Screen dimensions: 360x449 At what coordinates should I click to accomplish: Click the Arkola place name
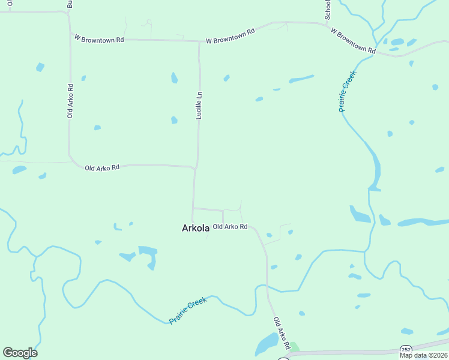pos(195,228)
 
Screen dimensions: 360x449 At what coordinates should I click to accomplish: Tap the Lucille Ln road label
pos(199,105)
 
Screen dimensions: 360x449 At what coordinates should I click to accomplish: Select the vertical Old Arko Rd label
pos(70,100)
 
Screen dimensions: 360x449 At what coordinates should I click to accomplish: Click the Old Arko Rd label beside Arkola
pos(230,227)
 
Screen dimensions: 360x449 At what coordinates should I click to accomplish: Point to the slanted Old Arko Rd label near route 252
pos(282,334)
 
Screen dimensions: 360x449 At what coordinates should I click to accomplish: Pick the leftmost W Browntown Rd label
pos(99,38)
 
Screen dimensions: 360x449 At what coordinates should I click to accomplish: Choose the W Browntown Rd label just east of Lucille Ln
pos(230,36)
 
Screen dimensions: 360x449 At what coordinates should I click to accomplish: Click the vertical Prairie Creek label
pos(348,91)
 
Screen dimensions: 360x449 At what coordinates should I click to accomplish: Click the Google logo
pos(20,353)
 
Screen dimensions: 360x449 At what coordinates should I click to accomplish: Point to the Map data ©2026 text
pos(423,355)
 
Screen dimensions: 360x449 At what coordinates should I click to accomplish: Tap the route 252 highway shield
pos(406,350)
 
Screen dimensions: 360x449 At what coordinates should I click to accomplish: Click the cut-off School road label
pos(328,10)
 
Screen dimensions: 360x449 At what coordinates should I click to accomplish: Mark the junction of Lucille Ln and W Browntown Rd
pos(199,41)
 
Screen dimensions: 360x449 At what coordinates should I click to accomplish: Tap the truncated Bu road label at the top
pos(70,4)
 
